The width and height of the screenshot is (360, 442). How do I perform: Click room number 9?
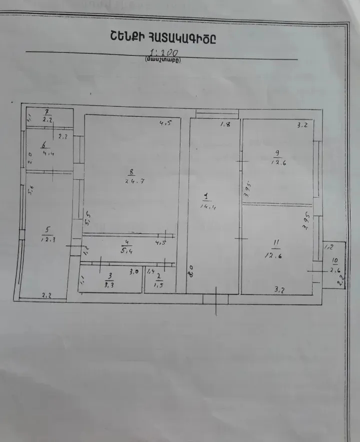tap(276, 153)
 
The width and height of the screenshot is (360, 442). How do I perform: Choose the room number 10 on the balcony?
tap(334, 261)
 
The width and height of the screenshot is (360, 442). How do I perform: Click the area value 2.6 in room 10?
tap(334, 270)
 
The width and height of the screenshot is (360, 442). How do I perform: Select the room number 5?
tap(47, 230)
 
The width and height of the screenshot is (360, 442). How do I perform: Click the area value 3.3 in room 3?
tap(109, 285)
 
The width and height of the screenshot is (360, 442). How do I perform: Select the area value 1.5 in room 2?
tap(158, 285)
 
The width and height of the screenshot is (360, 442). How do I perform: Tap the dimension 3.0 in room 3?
tap(134, 272)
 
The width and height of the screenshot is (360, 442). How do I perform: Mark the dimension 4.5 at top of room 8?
tap(164, 124)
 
